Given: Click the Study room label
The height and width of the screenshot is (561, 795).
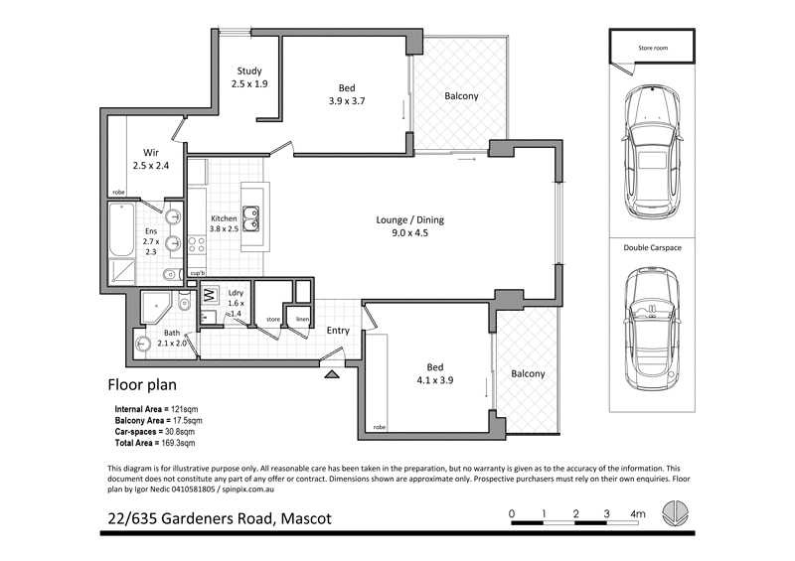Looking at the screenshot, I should [248, 70].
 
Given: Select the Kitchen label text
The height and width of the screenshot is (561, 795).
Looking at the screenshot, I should [224, 218].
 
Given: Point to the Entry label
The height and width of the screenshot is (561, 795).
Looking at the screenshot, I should [338, 331].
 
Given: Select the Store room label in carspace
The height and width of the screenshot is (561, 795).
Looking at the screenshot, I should [651, 46].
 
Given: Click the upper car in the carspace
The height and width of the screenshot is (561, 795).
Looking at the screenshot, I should [651, 155].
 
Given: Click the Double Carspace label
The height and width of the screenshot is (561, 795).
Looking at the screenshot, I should [652, 247].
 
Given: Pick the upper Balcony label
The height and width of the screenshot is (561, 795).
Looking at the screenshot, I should [461, 96].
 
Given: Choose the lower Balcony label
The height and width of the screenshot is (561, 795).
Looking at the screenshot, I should [528, 374].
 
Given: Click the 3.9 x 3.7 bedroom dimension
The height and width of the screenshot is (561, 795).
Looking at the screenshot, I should [349, 100].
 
